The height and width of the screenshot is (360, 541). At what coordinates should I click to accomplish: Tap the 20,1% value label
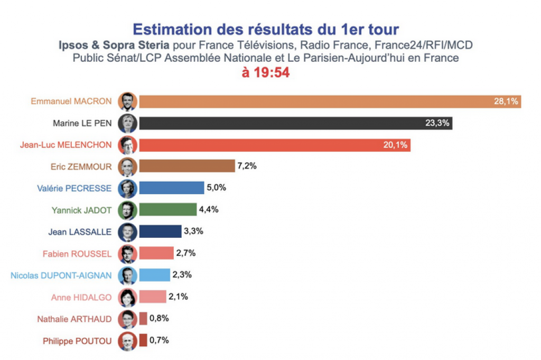[395, 145]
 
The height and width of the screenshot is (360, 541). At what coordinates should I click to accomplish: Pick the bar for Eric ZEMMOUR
[186, 167]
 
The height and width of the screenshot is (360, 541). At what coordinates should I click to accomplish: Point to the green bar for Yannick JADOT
[167, 210]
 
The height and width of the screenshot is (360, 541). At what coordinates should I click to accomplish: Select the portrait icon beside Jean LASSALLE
[128, 232]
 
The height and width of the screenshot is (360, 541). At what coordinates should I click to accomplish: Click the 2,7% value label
[185, 253]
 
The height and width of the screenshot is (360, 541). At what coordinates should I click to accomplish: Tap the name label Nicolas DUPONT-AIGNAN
[61, 275]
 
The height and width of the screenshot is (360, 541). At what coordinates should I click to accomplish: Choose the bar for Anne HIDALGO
[153, 297]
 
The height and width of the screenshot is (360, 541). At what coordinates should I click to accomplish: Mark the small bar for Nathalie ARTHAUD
[143, 319]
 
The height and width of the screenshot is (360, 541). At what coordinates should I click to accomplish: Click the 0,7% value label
[159, 340]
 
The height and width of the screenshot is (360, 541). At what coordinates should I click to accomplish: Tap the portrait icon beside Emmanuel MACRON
[128, 101]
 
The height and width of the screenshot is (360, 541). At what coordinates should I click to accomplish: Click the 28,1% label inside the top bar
[506, 101]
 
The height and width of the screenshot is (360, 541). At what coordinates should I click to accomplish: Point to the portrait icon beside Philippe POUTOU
[128, 340]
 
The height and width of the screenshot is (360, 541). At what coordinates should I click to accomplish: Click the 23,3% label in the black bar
[437, 123]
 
